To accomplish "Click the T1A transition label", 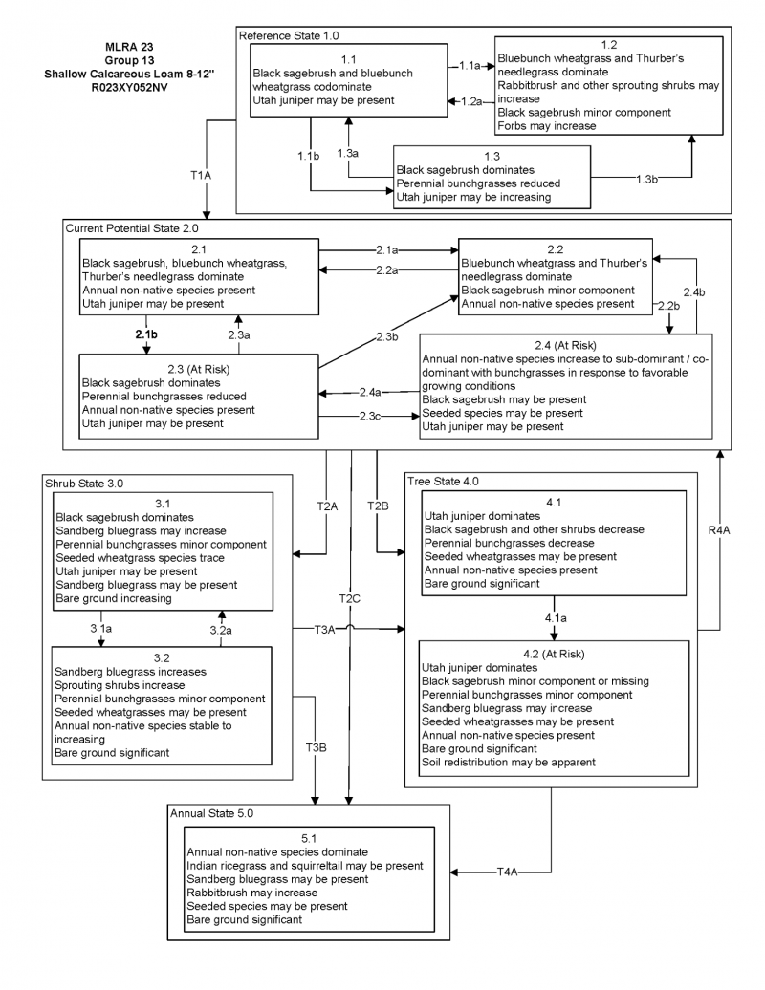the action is (x=200, y=176).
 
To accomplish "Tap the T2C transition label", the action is (x=351, y=598).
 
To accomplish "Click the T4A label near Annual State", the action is (x=507, y=872).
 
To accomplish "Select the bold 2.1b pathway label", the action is (x=146, y=336).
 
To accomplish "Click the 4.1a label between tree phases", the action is (x=556, y=618).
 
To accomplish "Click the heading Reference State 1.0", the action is (x=289, y=35).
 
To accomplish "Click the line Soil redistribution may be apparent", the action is (x=509, y=762).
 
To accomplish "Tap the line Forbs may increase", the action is (x=538, y=125).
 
